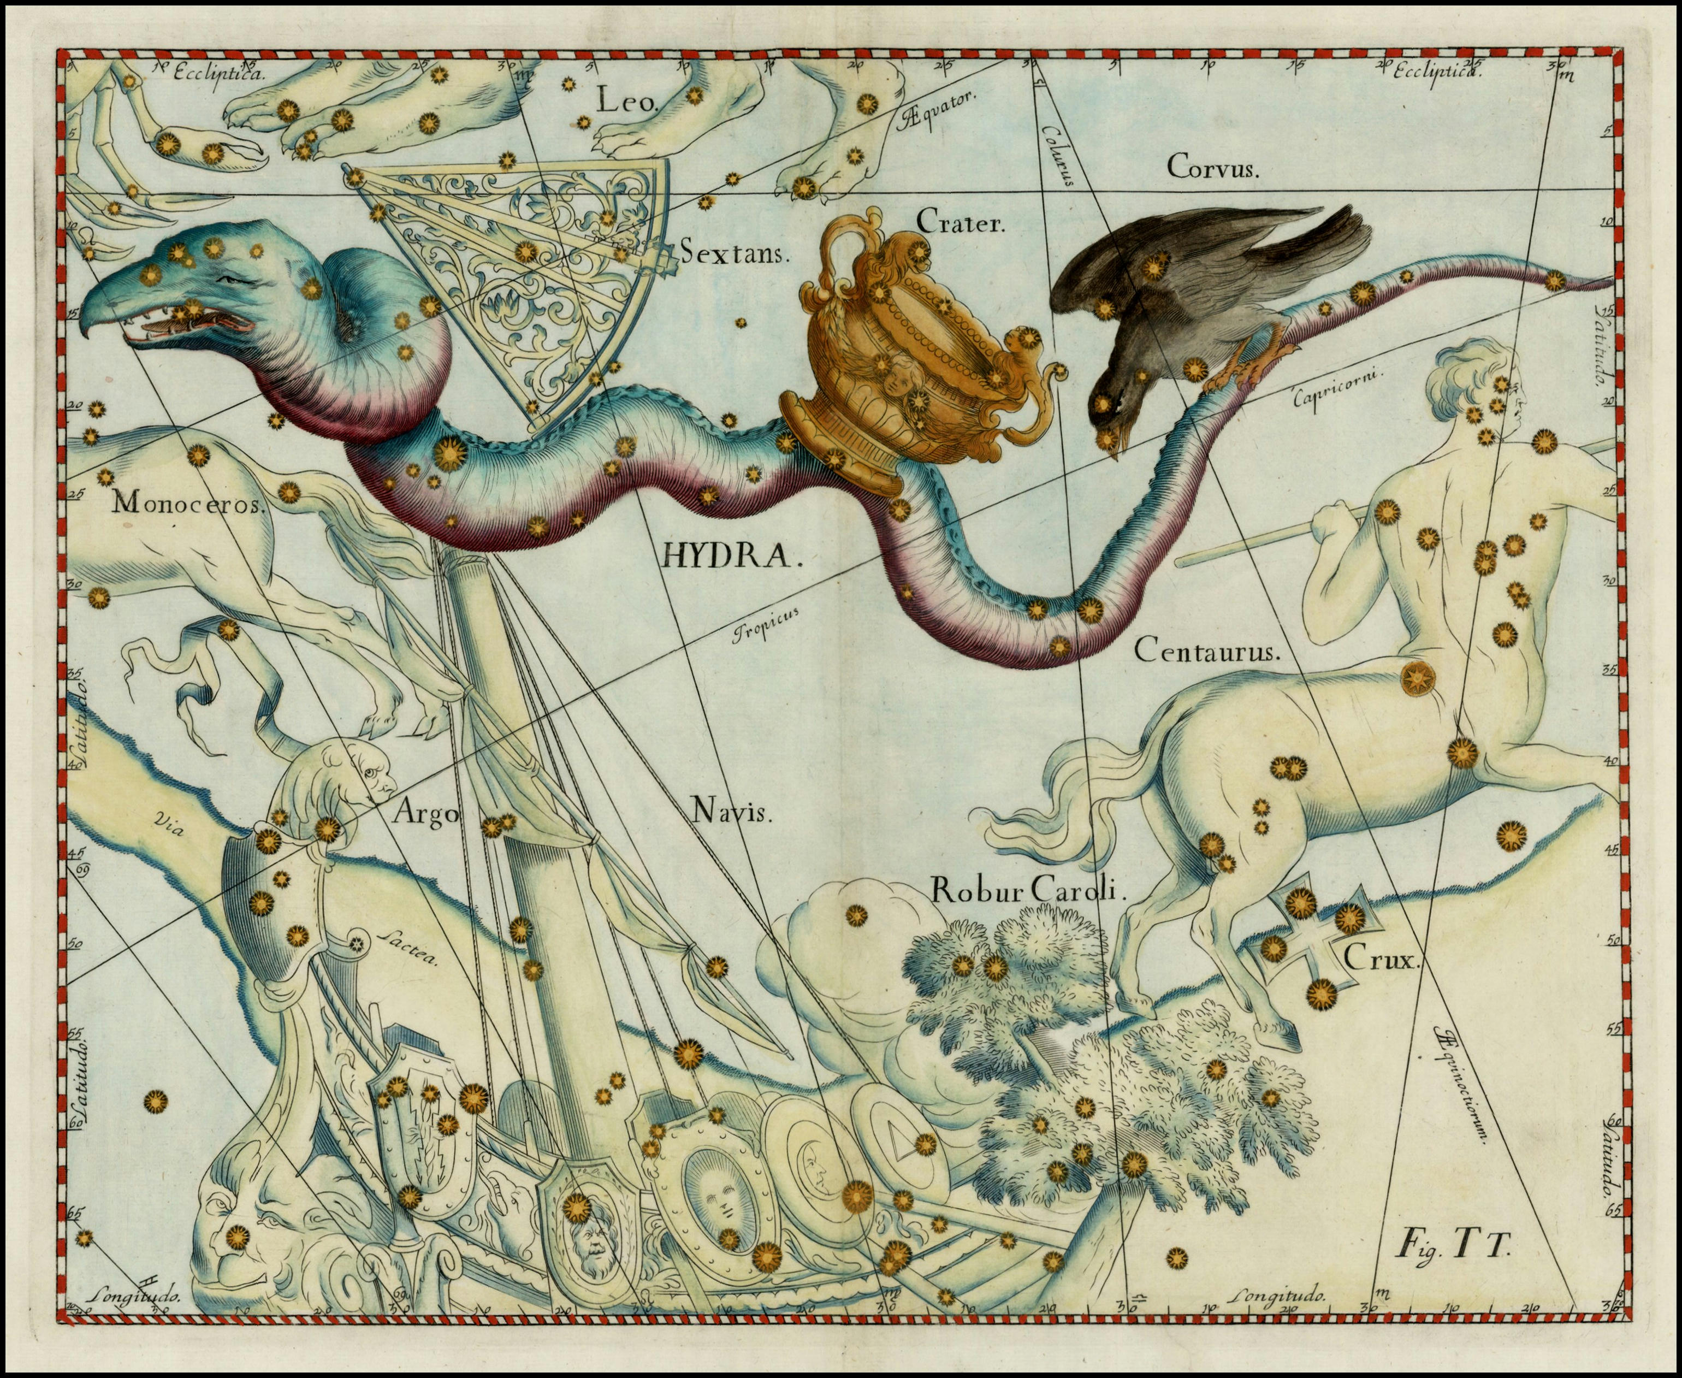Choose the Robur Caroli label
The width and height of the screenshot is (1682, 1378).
click(x=1028, y=891)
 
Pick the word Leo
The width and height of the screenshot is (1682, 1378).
click(x=624, y=101)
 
